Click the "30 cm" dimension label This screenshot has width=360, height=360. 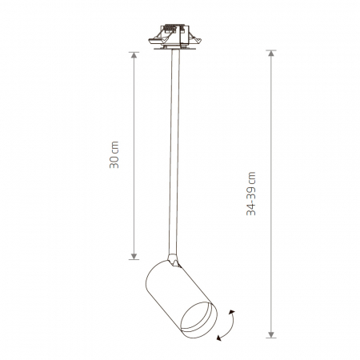tap(114, 154)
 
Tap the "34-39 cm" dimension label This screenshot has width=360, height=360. tap(250, 194)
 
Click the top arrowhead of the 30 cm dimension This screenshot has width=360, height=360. tap(134, 55)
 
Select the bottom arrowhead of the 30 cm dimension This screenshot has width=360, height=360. tap(134, 256)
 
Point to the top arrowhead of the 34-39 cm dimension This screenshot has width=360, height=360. tap(271, 53)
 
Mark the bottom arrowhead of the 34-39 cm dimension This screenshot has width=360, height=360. tap(271, 334)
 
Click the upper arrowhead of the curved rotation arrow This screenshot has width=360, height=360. tap(232, 312)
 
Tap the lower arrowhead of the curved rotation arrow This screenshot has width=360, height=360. tap(219, 338)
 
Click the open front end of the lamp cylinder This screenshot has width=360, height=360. tap(198, 320)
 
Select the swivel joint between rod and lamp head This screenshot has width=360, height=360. tap(174, 260)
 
